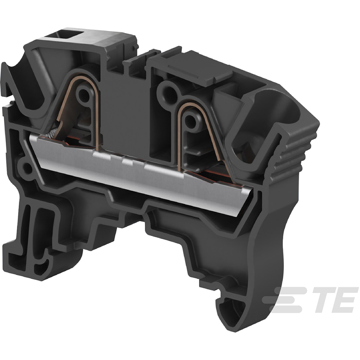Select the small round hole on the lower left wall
tap(26, 166)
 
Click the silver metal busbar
tap(144, 173)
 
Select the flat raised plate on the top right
tap(202, 68)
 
